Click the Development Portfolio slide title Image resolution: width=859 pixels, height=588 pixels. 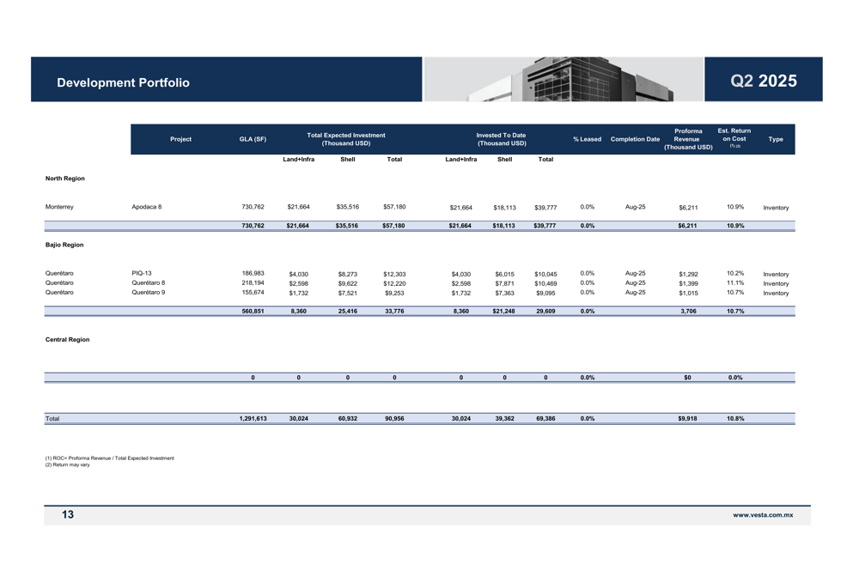pyautogui.click(x=123, y=82)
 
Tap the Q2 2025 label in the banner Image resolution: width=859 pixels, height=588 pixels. pyautogui.click(x=763, y=82)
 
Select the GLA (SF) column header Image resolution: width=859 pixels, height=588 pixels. pyautogui.click(x=253, y=139)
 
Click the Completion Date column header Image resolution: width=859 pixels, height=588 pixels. pyautogui.click(x=635, y=139)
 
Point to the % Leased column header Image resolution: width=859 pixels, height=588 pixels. pyautogui.click(x=587, y=139)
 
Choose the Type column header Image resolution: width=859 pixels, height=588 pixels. pyautogui.click(x=775, y=139)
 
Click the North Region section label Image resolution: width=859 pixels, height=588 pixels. pyautogui.click(x=65, y=179)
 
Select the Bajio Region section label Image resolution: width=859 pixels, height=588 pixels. pyautogui.click(x=64, y=245)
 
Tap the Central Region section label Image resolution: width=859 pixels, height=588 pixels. pyautogui.click(x=67, y=340)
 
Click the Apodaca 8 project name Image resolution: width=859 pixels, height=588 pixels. pyautogui.click(x=147, y=207)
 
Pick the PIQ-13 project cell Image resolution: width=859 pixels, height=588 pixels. pyautogui.click(x=142, y=274)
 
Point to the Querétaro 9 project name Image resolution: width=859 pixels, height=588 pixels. pyautogui.click(x=149, y=293)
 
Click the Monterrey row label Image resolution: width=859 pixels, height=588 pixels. pyautogui.click(x=59, y=207)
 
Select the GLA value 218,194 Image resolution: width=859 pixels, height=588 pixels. pyautogui.click(x=253, y=283)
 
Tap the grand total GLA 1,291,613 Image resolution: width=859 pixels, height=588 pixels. pyautogui.click(x=253, y=419)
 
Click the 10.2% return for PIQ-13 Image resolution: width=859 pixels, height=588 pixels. pyautogui.click(x=734, y=274)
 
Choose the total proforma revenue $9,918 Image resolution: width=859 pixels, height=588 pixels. pyautogui.click(x=687, y=419)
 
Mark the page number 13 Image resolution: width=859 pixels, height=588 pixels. pyautogui.click(x=68, y=515)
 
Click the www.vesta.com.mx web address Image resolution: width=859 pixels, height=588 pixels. pyautogui.click(x=763, y=515)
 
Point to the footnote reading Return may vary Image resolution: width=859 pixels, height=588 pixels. pyautogui.click(x=67, y=465)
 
